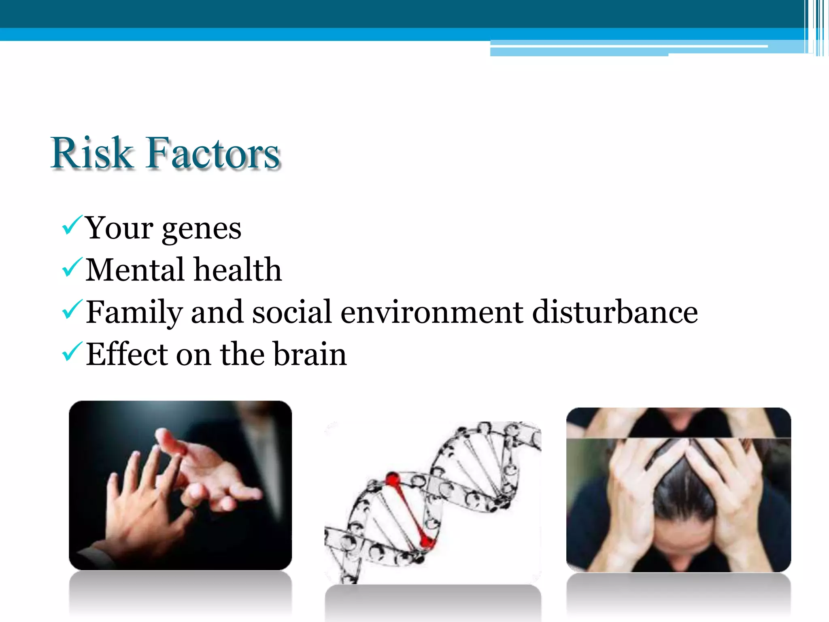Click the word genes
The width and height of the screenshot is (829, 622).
click(201, 229)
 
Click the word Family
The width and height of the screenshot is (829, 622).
click(134, 313)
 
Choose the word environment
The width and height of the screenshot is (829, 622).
click(432, 313)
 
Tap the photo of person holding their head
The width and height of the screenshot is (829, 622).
click(678, 490)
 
